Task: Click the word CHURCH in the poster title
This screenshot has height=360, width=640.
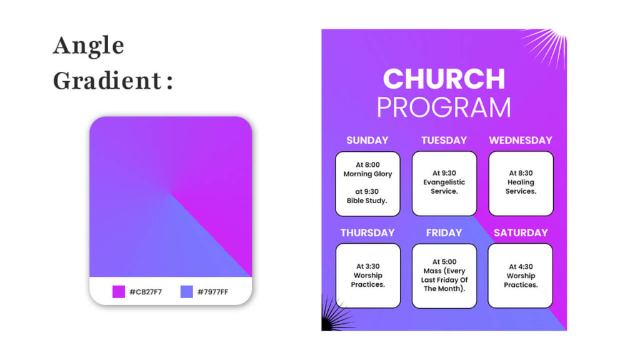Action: pos(444,79)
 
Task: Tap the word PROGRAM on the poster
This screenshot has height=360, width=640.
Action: pos(444,107)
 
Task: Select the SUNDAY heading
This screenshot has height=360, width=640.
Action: pos(367,141)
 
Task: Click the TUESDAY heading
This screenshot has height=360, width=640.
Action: pos(444,141)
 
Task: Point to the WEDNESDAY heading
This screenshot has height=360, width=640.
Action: pos(521,141)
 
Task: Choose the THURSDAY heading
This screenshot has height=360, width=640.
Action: pos(367,232)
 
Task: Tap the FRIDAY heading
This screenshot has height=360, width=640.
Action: pos(444,232)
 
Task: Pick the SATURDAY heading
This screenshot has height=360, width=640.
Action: pos(521,232)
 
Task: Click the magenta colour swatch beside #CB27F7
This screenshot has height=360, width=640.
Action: pos(119,292)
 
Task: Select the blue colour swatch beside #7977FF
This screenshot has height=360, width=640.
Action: pos(186,292)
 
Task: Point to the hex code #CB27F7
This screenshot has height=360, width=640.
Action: pos(146,292)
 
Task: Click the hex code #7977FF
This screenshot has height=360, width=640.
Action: pos(212,292)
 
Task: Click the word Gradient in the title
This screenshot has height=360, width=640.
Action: pos(107,81)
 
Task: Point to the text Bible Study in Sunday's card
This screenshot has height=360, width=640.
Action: pos(367,201)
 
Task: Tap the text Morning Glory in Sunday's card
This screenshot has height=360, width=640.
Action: pos(367,174)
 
